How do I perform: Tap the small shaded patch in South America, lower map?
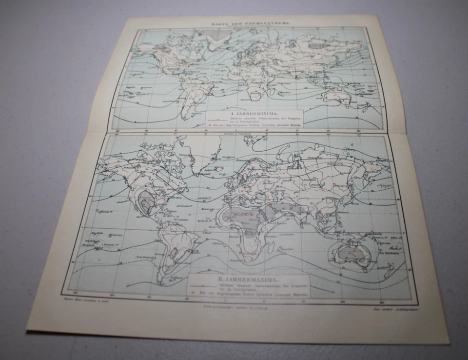point(174,253)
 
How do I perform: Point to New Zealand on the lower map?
point(389,270)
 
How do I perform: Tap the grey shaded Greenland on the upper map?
point(211,35)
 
